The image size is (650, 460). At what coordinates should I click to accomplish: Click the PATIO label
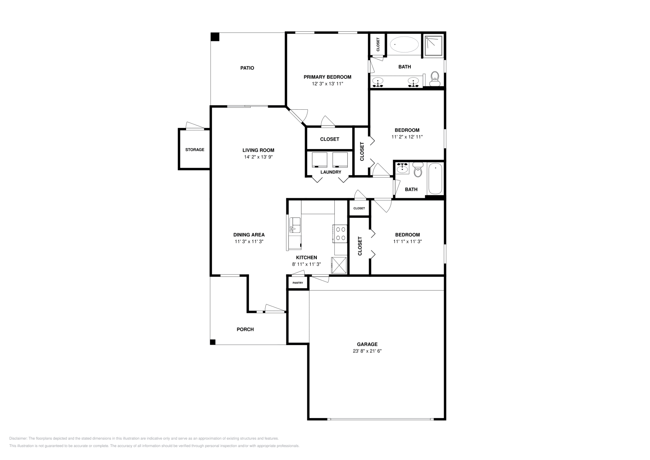pyautogui.click(x=247, y=68)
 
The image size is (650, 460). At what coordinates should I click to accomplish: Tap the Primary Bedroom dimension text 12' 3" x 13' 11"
pyautogui.click(x=327, y=84)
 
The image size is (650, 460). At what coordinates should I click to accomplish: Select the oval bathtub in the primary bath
pyautogui.click(x=404, y=44)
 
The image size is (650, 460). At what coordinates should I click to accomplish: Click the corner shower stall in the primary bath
pyautogui.click(x=433, y=45)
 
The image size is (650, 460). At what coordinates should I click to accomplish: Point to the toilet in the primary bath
pyautogui.click(x=434, y=79)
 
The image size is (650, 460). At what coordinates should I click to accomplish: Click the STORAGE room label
pyautogui.click(x=195, y=150)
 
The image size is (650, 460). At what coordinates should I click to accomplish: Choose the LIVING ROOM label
pyautogui.click(x=258, y=150)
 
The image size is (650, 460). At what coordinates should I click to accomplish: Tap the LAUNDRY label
pyautogui.click(x=331, y=172)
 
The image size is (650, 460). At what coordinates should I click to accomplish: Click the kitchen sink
pyautogui.click(x=295, y=225)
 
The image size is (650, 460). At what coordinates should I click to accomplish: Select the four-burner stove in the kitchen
pyautogui.click(x=340, y=234)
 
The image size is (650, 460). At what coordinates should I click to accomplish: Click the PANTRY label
pyautogui.click(x=298, y=283)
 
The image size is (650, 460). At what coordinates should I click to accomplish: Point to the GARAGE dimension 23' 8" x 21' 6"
pyautogui.click(x=367, y=351)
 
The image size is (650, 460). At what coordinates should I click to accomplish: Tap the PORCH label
pyautogui.click(x=245, y=330)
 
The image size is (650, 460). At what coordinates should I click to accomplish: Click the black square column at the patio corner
pyautogui.click(x=215, y=37)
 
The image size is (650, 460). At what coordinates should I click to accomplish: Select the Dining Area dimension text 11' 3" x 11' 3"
pyautogui.click(x=249, y=241)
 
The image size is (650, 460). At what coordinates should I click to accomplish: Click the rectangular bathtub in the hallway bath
pyautogui.click(x=435, y=178)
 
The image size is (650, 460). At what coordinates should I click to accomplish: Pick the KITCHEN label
pyautogui.click(x=306, y=257)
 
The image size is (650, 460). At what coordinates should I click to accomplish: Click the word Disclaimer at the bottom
pyautogui.click(x=18, y=438)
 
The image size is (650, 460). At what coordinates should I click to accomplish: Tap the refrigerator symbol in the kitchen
pyautogui.click(x=339, y=265)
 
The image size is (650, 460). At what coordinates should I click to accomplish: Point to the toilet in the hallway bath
pyautogui.click(x=418, y=170)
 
